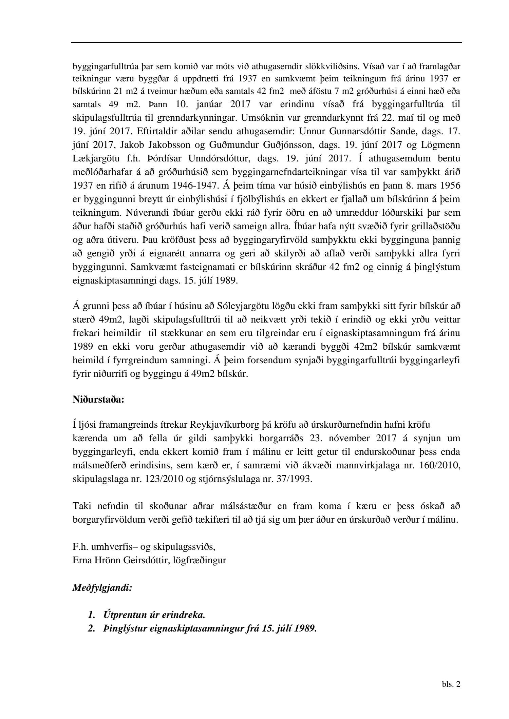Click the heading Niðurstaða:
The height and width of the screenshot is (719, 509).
[x=98, y=400]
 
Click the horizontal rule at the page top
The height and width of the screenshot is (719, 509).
[x=266, y=42]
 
